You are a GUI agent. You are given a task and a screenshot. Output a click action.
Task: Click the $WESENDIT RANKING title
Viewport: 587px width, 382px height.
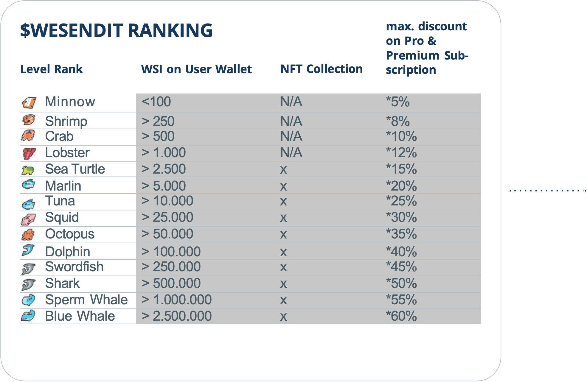pyautogui.click(x=116, y=30)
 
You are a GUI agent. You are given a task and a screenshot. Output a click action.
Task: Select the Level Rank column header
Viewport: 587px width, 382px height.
pyautogui.click(x=51, y=69)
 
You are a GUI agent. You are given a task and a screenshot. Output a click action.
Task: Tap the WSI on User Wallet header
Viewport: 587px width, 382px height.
pyautogui.click(x=196, y=69)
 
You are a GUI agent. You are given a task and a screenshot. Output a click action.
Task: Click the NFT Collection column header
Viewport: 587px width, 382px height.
pyautogui.click(x=322, y=69)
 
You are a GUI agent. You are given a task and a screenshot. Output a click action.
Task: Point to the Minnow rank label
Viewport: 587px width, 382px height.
pyautogui.click(x=70, y=102)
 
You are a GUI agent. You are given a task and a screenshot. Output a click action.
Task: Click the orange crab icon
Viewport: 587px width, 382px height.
pyautogui.click(x=28, y=135)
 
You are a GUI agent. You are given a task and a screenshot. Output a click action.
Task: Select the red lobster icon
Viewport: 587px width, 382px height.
pyautogui.click(x=29, y=153)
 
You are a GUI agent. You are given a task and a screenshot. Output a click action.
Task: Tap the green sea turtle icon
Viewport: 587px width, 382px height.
pyautogui.click(x=28, y=170)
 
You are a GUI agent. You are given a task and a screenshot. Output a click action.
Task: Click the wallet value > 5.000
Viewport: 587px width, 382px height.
pyautogui.click(x=164, y=186)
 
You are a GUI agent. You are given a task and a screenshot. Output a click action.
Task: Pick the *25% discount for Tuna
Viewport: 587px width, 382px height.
pyautogui.click(x=401, y=201)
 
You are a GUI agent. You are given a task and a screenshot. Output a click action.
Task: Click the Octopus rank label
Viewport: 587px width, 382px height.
pyautogui.click(x=70, y=234)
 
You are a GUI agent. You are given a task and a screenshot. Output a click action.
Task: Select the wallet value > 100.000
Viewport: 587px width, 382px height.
pyautogui.click(x=171, y=252)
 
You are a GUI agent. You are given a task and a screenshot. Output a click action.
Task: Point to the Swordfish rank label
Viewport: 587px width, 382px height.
pyautogui.click(x=74, y=267)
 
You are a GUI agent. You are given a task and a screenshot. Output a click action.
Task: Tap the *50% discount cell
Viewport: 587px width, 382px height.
pyautogui.click(x=401, y=283)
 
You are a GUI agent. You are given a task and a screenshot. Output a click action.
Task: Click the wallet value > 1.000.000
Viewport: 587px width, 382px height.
pyautogui.click(x=177, y=300)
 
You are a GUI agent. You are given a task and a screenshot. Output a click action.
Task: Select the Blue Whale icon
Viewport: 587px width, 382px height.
pyautogui.click(x=28, y=316)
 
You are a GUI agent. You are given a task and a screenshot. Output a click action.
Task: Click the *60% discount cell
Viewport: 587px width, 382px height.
pyautogui.click(x=401, y=316)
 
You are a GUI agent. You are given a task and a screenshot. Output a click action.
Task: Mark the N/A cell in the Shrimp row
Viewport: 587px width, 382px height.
pyautogui.click(x=291, y=121)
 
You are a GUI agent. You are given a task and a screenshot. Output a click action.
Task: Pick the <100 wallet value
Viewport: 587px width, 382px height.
pyautogui.click(x=156, y=102)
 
